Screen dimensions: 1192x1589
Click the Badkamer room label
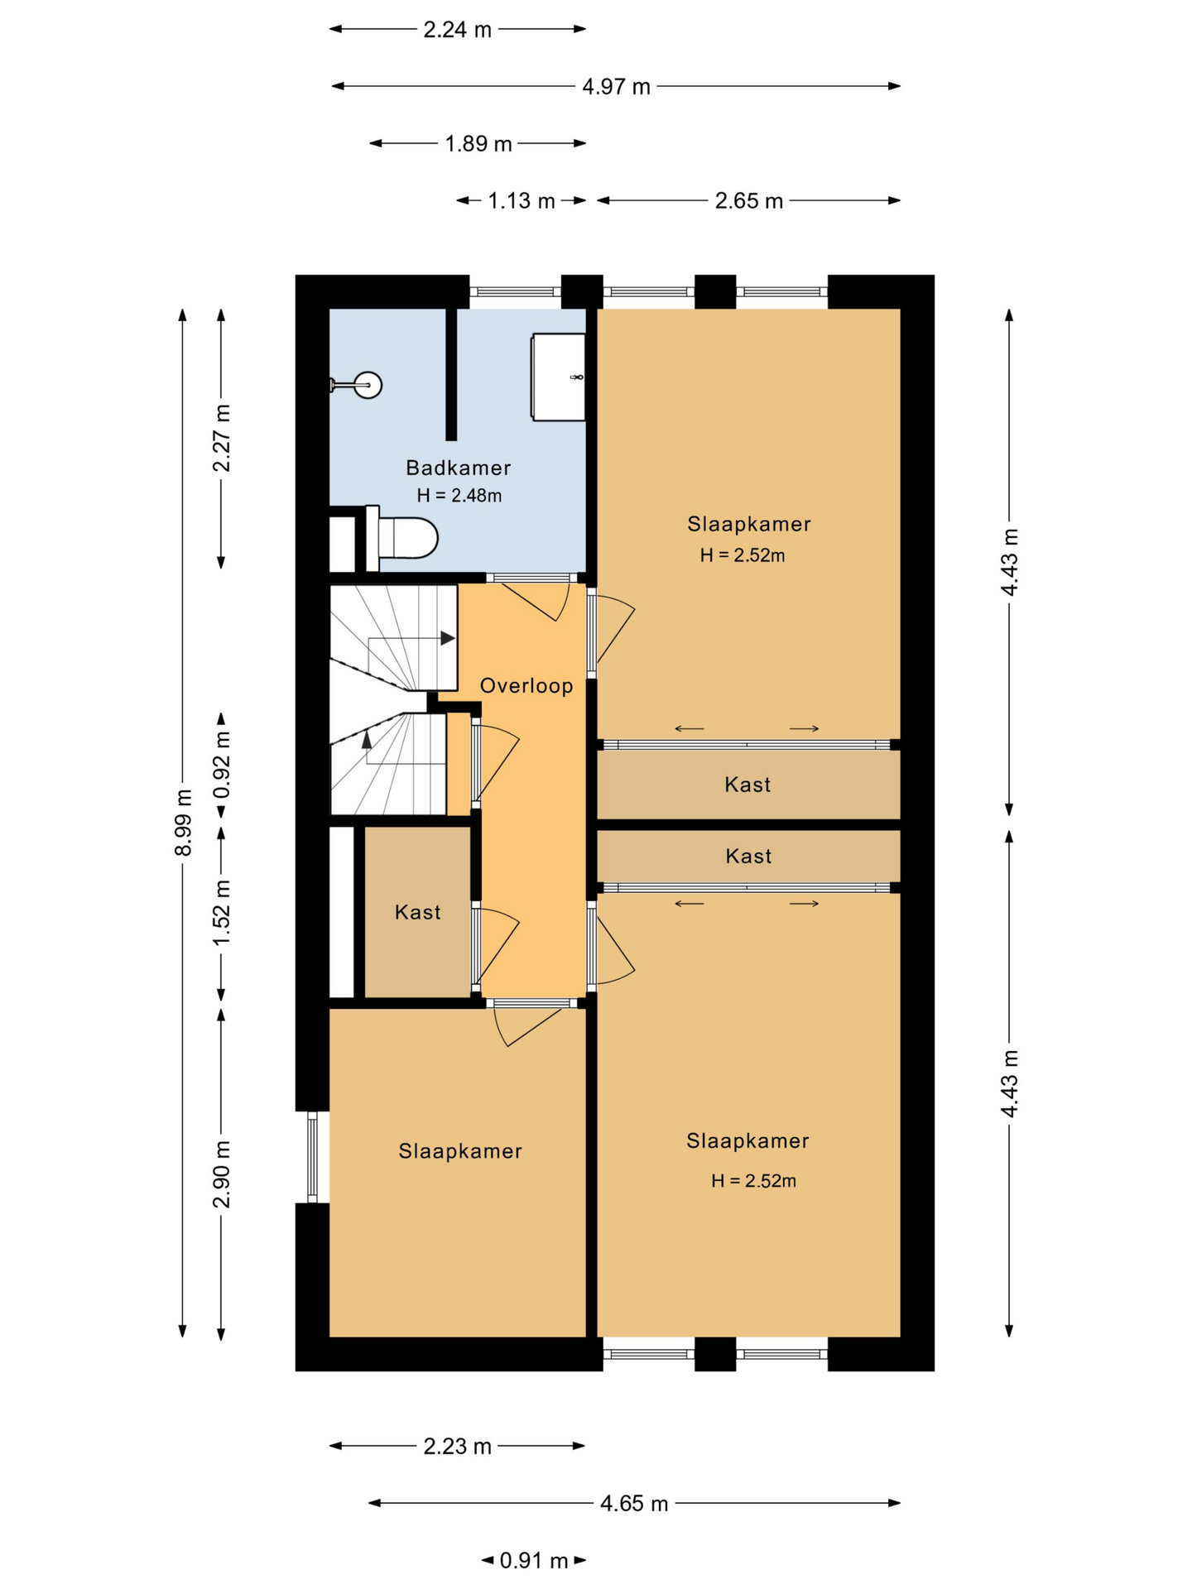(x=458, y=468)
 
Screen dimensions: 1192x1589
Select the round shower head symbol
(x=368, y=385)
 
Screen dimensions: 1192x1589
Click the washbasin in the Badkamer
(x=559, y=377)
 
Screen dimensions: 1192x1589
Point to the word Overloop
(x=526, y=685)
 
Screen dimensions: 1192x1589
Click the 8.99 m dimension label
(x=183, y=823)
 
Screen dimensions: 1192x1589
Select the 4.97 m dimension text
(x=616, y=86)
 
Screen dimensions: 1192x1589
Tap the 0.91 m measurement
(x=534, y=1560)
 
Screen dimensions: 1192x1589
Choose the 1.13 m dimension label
(x=521, y=201)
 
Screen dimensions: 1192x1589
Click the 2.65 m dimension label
(x=748, y=201)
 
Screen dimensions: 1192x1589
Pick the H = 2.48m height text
(x=459, y=496)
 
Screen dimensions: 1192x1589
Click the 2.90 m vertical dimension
(x=221, y=1174)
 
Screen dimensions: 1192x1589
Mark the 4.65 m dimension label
(x=634, y=1503)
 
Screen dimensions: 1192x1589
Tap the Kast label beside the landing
(x=417, y=912)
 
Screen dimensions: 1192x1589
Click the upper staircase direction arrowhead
(x=448, y=638)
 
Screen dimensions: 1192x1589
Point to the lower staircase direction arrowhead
(x=367, y=738)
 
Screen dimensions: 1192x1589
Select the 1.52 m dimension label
(x=221, y=914)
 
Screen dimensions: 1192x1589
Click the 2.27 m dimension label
(x=221, y=438)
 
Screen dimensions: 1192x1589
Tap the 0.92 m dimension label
(x=221, y=765)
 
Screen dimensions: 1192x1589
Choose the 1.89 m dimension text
(x=478, y=144)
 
